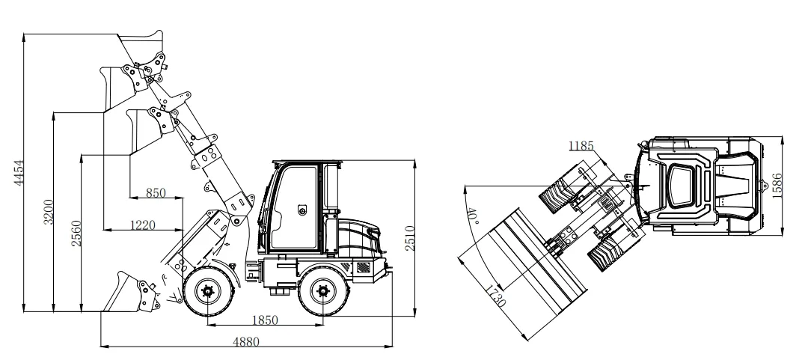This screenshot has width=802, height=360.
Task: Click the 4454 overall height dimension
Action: pyautogui.click(x=19, y=173)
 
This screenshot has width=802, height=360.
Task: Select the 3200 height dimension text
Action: pyautogui.click(x=48, y=212)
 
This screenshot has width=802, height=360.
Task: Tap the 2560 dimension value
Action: pyautogui.click(x=76, y=234)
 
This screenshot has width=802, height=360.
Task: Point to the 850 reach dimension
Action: pyautogui.click(x=156, y=193)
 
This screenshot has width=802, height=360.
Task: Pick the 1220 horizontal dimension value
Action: pyautogui.click(x=143, y=225)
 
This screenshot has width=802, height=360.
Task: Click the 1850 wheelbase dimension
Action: pyautogui.click(x=265, y=320)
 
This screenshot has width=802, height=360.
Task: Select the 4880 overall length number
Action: pyautogui.click(x=246, y=341)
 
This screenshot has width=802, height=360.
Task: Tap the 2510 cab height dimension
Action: pyautogui.click(x=410, y=238)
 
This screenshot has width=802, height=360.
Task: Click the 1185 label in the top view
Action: pyautogui.click(x=581, y=146)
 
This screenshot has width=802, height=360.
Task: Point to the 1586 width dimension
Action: pyautogui.click(x=777, y=186)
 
